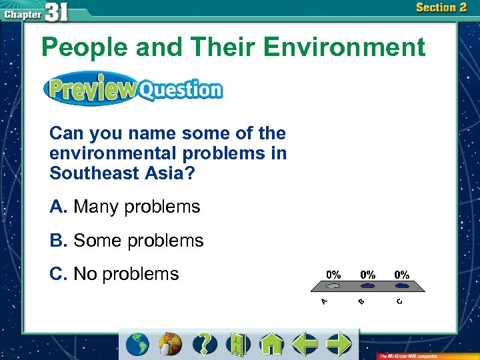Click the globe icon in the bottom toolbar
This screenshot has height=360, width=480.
(138, 343)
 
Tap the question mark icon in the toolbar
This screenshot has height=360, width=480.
(205, 343)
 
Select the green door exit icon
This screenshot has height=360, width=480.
(237, 343)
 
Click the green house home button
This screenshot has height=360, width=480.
(271, 343)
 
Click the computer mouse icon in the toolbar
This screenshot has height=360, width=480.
(170, 344)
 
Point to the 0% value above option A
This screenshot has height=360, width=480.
(333, 275)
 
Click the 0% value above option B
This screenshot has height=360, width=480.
(367, 275)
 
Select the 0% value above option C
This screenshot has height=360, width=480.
(401, 275)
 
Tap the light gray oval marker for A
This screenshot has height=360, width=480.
(333, 286)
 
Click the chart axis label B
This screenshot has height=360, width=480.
(361, 302)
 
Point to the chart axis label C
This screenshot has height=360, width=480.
(399, 302)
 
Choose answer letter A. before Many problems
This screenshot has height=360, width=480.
(58, 207)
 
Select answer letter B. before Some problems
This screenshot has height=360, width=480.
(58, 240)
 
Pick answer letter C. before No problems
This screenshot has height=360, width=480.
(58, 273)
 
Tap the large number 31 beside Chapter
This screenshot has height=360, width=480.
(57, 13)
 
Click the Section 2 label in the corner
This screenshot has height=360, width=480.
(441, 8)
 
